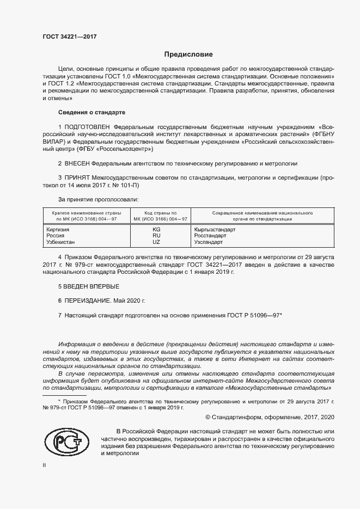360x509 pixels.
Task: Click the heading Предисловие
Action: pyautogui.click(x=189, y=54)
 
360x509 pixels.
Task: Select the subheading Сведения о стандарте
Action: pyautogui.click(x=91, y=112)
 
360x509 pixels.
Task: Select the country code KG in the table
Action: pyautogui.click(x=157, y=230)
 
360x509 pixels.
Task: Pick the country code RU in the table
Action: pyautogui.click(x=157, y=236)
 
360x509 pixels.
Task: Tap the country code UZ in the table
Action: pyautogui.click(x=157, y=242)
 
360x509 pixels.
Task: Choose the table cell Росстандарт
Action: pyautogui.click(x=210, y=236)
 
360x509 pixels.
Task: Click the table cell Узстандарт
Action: pyautogui.click(x=209, y=242)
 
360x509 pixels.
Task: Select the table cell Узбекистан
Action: pyautogui.click(x=60, y=242)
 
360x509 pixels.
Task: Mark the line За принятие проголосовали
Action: pyautogui.click(x=98, y=200)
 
